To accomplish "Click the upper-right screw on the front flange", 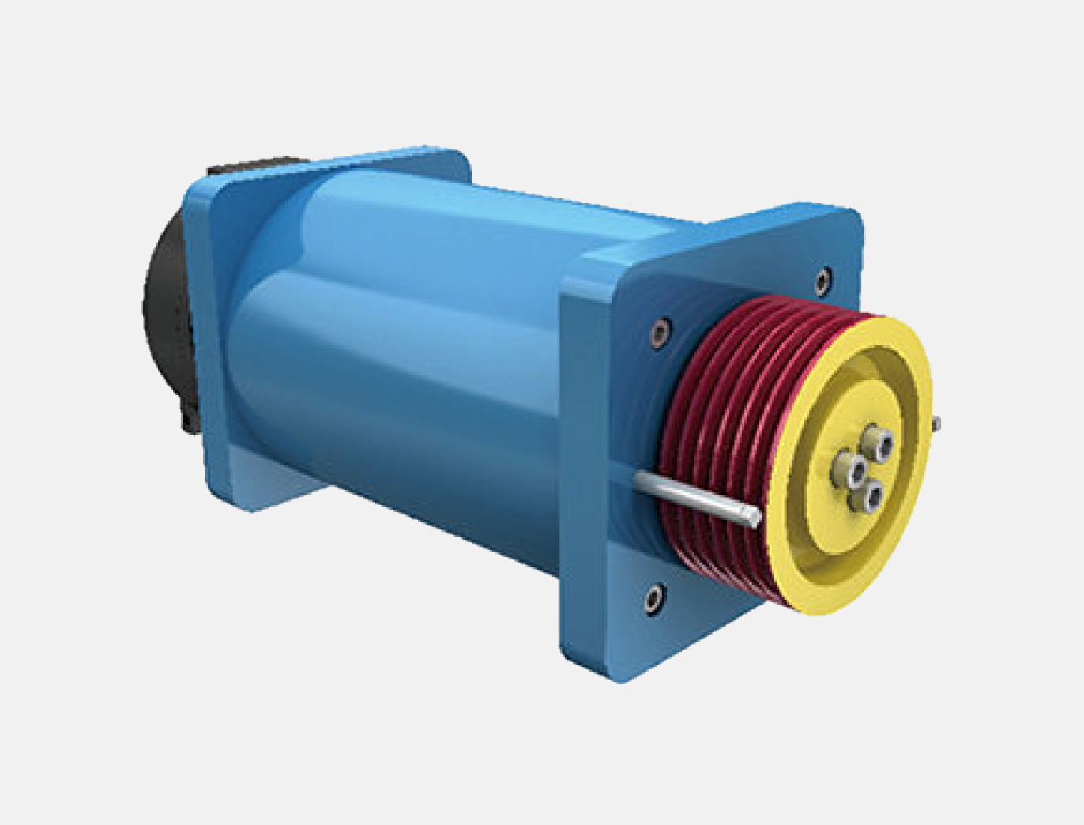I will (823, 278).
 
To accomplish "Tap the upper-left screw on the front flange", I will (660, 333).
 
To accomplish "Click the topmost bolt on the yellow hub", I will (876, 438).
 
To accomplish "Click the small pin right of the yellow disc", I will (935, 422).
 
